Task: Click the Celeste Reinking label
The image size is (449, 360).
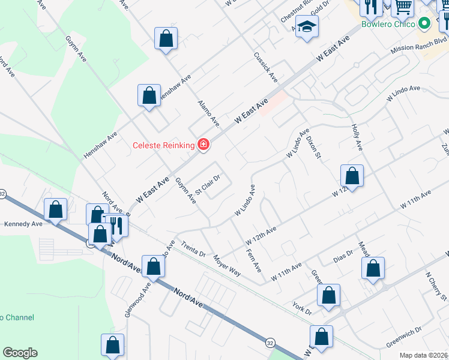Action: [x=163, y=145]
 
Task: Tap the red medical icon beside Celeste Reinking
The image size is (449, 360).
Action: [x=203, y=145]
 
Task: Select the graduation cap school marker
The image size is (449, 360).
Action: [x=307, y=27]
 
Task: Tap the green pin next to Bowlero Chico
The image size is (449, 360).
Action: [x=425, y=25]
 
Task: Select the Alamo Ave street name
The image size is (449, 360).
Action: [x=209, y=114]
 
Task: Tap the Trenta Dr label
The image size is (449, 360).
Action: [x=193, y=249]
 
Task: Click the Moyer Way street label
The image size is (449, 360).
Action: [x=227, y=266]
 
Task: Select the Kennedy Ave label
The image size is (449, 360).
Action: [x=23, y=224]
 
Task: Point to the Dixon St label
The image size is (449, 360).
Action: [x=314, y=148]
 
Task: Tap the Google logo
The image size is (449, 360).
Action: [x=20, y=353]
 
